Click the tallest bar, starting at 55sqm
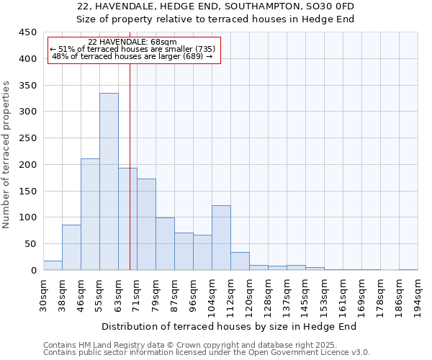(x=109, y=181)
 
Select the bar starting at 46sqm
(x=90, y=215)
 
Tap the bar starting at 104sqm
(x=221, y=238)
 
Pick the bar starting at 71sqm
(x=146, y=224)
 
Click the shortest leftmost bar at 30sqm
(x=53, y=265)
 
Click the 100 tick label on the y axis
(x=28, y=217)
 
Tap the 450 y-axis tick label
(x=28, y=32)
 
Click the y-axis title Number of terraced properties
(x=7, y=155)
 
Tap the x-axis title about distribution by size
(x=229, y=326)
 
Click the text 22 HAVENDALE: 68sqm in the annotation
(x=132, y=42)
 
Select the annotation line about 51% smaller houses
(x=132, y=49)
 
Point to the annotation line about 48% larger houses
(x=132, y=56)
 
